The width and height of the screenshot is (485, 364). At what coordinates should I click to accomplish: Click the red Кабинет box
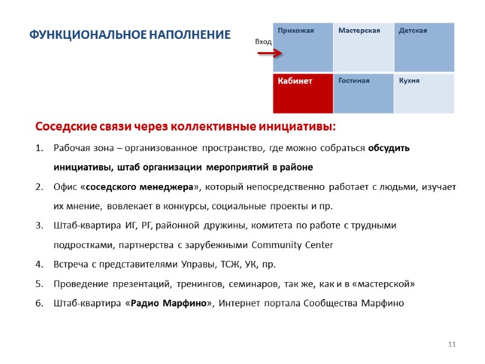pyautogui.click(x=303, y=93)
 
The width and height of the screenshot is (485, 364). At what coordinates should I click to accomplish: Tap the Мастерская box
pyautogui.click(x=363, y=47)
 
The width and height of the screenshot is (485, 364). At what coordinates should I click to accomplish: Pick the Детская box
pyautogui.click(x=424, y=47)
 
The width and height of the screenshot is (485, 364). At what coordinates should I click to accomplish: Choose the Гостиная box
pyautogui.click(x=363, y=93)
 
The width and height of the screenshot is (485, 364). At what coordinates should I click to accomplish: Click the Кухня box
pyautogui.click(x=424, y=93)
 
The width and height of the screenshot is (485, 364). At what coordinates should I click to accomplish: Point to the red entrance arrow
pyautogui.click(x=269, y=53)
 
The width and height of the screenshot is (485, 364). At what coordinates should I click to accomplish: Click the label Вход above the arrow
pyautogui.click(x=263, y=41)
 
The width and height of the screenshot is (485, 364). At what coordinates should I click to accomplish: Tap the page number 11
pyautogui.click(x=451, y=345)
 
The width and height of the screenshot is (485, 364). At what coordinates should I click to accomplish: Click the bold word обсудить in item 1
pyautogui.click(x=389, y=148)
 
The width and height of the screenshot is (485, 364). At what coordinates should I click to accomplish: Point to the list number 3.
pyautogui.click(x=39, y=226)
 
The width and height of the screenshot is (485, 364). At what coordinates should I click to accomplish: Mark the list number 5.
pyautogui.click(x=39, y=283)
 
